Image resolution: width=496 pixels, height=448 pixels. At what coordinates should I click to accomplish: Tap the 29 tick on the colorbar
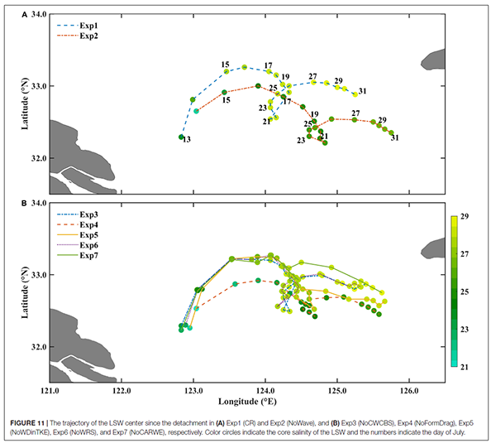click(465, 216)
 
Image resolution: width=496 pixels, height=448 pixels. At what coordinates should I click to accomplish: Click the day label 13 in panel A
click(187, 140)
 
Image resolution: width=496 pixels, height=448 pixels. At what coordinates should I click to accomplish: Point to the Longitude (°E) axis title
click(246, 402)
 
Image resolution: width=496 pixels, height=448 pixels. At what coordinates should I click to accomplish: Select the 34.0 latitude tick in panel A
click(33, 14)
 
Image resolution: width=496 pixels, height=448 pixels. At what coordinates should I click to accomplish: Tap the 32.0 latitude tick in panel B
click(33, 347)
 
